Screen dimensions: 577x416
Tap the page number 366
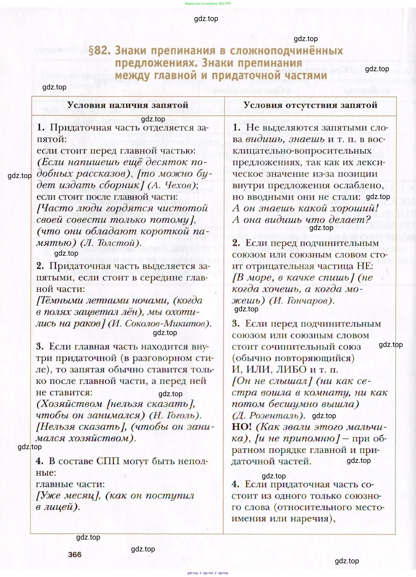(75, 555)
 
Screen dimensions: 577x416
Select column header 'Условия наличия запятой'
(128, 105)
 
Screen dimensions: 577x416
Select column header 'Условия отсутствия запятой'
(310, 105)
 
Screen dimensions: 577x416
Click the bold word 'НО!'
(242, 427)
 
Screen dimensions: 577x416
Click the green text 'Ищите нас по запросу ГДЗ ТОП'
(208, 4)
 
